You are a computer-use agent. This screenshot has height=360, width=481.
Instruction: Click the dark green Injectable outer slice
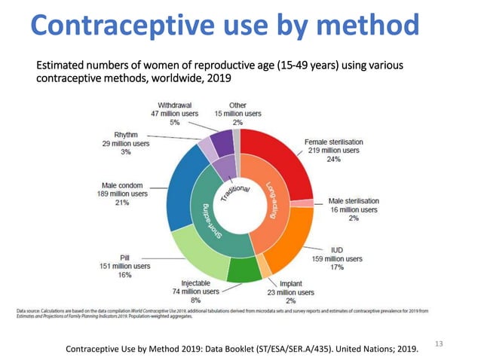coord(243,271)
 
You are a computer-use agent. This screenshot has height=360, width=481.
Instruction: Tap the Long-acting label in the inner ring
coord(278,199)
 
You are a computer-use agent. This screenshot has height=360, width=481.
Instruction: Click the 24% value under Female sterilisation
coord(332,160)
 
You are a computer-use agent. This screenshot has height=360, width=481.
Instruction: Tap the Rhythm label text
coord(115,133)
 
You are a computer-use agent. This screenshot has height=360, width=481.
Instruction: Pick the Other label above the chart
coord(237,105)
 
